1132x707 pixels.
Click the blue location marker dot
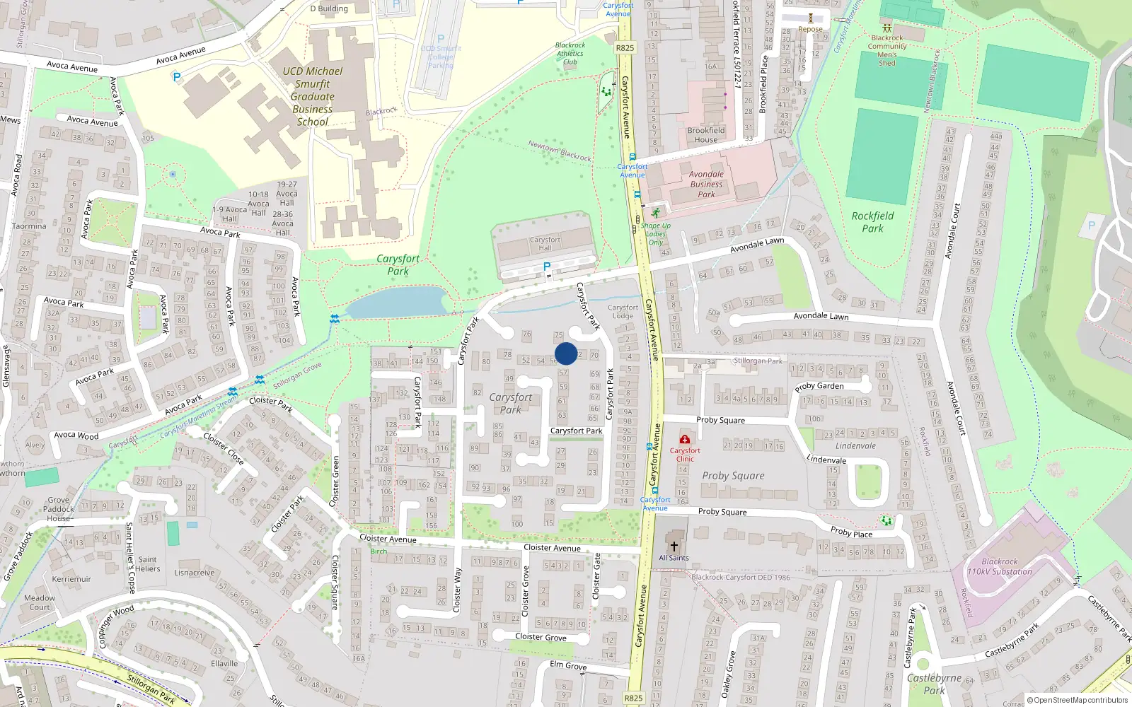point(566,353)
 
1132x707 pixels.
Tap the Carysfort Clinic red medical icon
point(684,439)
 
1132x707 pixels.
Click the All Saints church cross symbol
point(674,546)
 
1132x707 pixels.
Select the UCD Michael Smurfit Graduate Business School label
point(313,96)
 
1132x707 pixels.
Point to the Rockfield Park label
point(872,222)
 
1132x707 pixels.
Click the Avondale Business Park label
point(706,184)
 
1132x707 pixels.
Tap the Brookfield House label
point(706,134)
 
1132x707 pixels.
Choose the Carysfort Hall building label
point(545,244)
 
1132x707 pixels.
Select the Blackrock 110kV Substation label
point(1000,566)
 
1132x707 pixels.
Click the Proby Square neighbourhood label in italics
point(733,476)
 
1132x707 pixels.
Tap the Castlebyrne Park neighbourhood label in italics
point(934,684)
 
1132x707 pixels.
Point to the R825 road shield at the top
point(625,48)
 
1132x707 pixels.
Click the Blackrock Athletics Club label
point(570,53)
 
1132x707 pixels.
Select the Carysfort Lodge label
point(623,311)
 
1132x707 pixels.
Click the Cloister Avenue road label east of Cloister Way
point(552,548)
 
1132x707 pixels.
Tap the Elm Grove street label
point(568,665)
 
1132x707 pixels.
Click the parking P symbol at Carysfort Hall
point(546,267)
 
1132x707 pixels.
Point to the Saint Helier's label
point(148,563)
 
